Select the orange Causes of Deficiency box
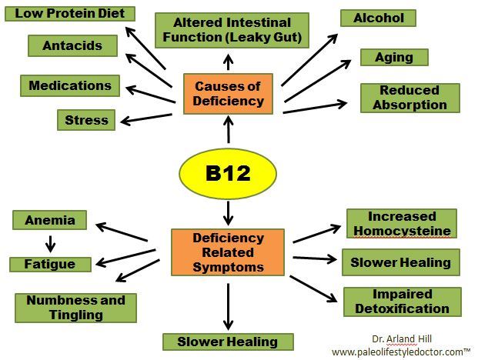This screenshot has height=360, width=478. (x=229, y=93)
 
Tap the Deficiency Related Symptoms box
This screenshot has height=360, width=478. (x=228, y=252)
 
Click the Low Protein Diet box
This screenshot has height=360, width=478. (x=70, y=13)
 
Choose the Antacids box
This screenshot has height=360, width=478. (x=72, y=45)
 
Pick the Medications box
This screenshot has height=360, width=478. (x=70, y=85)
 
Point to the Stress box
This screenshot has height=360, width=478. (x=86, y=120)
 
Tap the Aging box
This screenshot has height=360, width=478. (x=394, y=57)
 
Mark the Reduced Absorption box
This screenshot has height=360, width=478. (x=409, y=98)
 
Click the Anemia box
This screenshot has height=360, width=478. (x=50, y=220)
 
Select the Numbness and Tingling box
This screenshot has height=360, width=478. (x=75, y=308)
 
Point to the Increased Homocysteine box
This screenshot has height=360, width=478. (x=401, y=223)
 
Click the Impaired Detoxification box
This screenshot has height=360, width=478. (x=402, y=302)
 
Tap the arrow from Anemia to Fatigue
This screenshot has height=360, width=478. (x=51, y=243)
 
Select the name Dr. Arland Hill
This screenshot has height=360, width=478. (x=399, y=338)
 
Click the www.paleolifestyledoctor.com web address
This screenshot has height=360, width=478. (x=399, y=351)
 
